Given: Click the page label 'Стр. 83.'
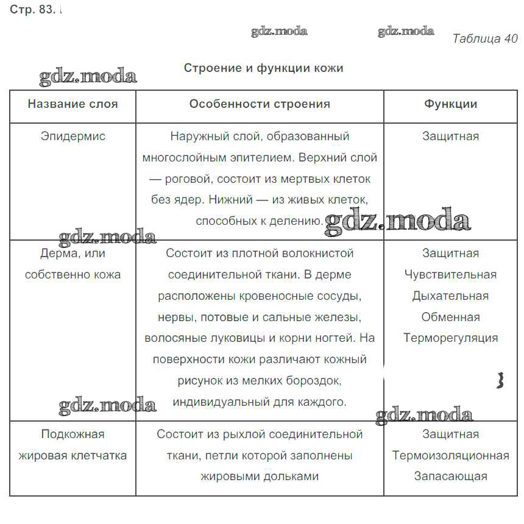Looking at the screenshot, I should point(32,10).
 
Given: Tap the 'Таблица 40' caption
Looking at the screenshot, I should point(484,38).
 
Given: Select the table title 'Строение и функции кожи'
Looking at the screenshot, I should point(263,68).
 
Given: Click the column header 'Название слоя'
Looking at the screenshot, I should point(73,104).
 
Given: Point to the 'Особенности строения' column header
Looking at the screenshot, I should point(260,104).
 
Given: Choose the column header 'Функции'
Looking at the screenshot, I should point(450,104).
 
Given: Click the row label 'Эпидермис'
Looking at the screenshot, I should point(73,136).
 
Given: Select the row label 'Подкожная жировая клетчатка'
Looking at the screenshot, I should point(73,445).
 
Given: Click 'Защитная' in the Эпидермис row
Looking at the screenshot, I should point(450,136).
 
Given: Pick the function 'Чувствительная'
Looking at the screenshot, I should point(450,274).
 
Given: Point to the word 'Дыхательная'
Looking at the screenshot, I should point(450,296).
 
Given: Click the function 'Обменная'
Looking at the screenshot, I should point(450,317).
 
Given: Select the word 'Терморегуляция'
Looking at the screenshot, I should point(450,338).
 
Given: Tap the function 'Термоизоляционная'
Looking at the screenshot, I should point(450,455).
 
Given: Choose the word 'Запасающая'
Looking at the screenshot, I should point(450,476).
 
